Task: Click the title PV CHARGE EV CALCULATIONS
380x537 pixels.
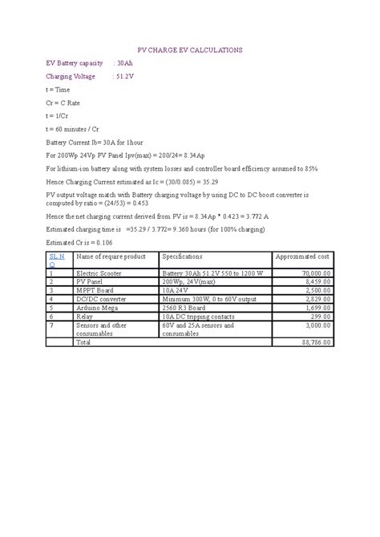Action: tap(190, 50)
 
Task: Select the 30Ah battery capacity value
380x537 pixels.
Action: tap(124, 63)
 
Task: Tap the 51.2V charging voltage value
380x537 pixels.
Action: tap(126, 76)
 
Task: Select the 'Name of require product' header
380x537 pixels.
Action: tap(110, 256)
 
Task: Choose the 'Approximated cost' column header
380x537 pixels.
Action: tap(302, 256)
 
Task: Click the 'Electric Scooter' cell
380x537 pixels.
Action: tap(99, 273)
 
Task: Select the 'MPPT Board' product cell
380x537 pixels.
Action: tap(94, 290)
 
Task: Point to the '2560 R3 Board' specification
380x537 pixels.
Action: tap(184, 308)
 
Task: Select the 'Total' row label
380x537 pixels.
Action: tap(83, 341)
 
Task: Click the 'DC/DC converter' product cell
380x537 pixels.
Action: tap(99, 299)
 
